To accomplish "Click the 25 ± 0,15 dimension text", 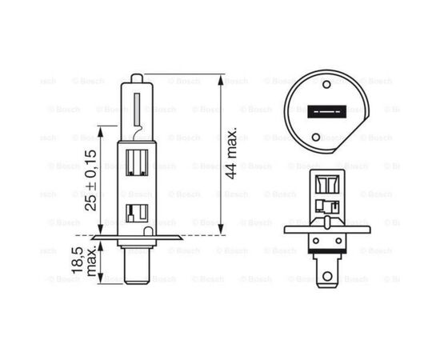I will (x=91, y=178).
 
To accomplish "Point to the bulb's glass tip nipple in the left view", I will (x=136, y=77).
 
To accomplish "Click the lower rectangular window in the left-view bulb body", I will (x=134, y=213).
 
